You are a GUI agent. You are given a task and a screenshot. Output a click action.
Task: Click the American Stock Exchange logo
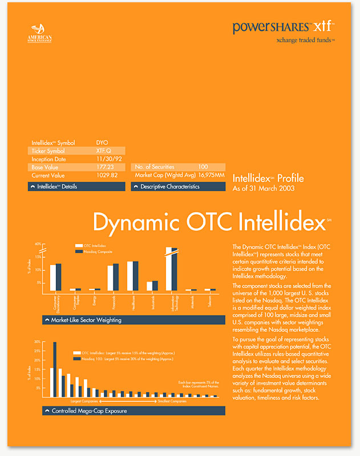(x=41, y=34)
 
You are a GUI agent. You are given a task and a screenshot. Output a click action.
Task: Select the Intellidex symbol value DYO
(x=103, y=142)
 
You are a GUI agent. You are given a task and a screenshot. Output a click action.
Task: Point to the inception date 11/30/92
(x=107, y=159)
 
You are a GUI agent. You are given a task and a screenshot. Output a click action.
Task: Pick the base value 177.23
(x=105, y=167)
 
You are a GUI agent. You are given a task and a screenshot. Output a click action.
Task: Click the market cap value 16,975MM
(x=212, y=175)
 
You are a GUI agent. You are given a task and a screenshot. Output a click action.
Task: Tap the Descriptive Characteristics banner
(x=178, y=186)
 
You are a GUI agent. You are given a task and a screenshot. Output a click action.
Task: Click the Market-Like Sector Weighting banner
(x=134, y=320)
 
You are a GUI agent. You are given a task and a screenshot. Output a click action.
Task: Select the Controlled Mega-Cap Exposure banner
(x=134, y=410)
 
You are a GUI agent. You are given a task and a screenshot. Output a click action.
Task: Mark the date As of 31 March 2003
(x=264, y=189)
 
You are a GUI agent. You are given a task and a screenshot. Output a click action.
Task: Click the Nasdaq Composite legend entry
(x=98, y=251)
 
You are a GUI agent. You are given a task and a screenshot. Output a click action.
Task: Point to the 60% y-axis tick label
(x=38, y=244)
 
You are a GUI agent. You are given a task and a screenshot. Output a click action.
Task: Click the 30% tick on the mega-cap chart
(x=37, y=342)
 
